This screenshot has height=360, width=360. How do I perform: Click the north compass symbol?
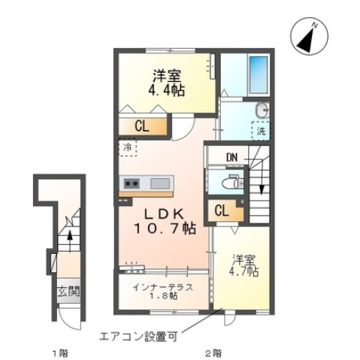pos(308,38)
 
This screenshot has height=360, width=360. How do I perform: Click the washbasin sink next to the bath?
pos(261,110)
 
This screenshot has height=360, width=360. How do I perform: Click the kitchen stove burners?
pos(132,183)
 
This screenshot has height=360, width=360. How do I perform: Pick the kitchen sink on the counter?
pos(161,183)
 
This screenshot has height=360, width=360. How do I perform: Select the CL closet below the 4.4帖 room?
pos(141,126)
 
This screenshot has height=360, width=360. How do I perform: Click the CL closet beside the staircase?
pos(222,211)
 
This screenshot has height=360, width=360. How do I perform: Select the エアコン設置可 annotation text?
pos(141,336)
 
